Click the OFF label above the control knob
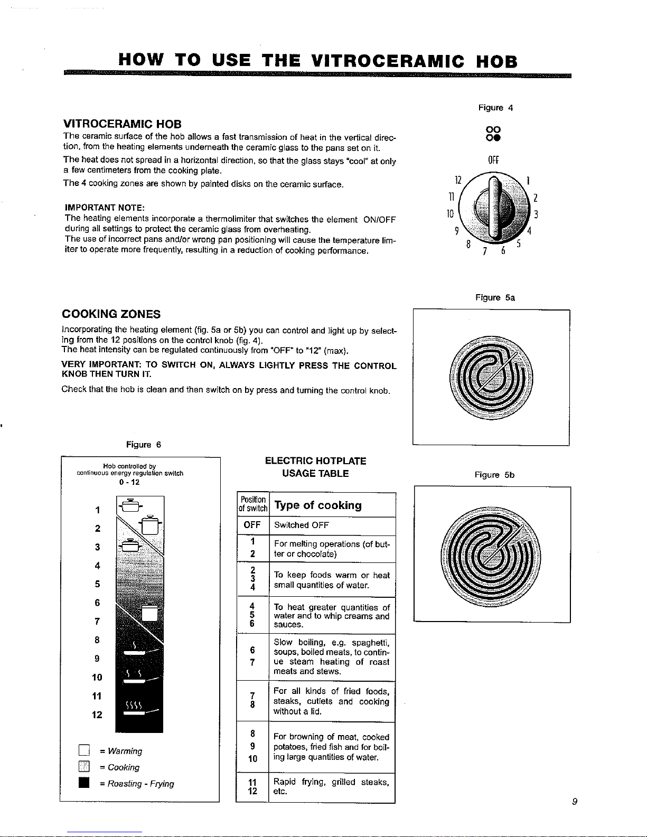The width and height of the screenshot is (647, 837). (x=493, y=160)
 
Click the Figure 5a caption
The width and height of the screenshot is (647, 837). (x=495, y=298)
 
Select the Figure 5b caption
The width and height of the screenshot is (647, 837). (x=494, y=475)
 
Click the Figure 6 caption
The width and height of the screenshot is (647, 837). (x=144, y=445)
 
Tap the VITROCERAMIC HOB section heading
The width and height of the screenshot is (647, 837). (x=123, y=124)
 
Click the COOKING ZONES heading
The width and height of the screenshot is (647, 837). (x=111, y=314)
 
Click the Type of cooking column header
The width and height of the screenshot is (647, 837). (x=318, y=505)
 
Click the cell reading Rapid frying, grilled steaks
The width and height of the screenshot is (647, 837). (x=331, y=787)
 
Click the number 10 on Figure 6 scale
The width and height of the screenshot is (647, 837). (x=97, y=677)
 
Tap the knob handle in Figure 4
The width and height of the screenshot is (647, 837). (x=493, y=209)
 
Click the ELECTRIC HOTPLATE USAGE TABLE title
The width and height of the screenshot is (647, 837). (x=315, y=467)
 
